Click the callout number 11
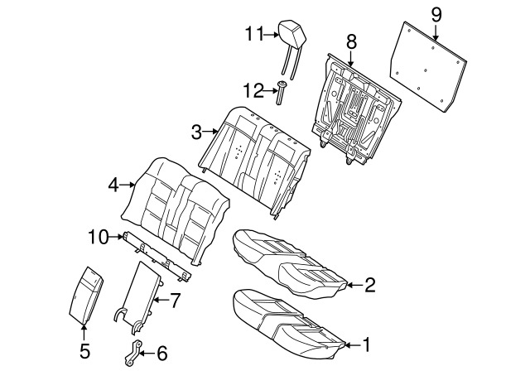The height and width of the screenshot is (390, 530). [254, 34]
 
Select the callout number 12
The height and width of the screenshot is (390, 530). [253, 90]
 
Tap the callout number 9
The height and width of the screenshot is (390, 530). [436, 15]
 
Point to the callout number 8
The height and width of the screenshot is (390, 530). [351, 42]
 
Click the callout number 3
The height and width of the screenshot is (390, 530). [196, 132]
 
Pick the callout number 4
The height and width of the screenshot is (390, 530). [113, 185]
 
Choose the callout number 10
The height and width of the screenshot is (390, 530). [98, 237]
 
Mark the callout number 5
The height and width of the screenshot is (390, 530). [84, 351]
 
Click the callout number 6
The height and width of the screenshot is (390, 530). [162, 354]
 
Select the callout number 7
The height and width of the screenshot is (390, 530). [175, 300]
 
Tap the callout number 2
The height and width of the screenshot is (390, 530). [370, 285]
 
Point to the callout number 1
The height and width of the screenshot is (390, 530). [366, 345]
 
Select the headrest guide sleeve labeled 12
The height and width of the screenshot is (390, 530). [281, 93]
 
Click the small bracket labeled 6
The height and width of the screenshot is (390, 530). [133, 354]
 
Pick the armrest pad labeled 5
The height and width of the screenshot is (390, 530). [86, 295]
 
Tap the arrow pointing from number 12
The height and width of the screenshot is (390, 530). [271, 90]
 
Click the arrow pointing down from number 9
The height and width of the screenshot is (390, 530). [436, 33]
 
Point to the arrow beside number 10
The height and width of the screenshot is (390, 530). [116, 237]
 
